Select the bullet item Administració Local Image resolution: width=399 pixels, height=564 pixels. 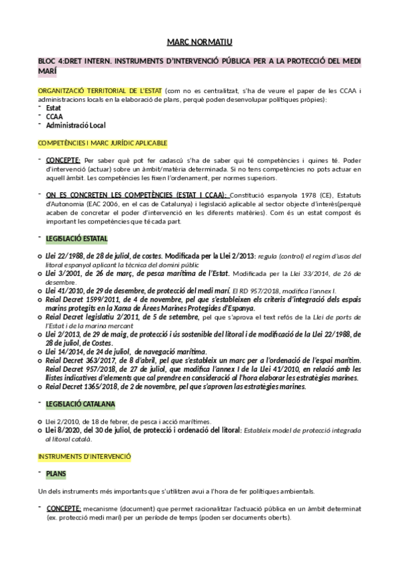pyautogui.click(x=76, y=124)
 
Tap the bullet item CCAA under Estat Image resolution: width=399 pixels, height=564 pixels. pyautogui.click(x=55, y=116)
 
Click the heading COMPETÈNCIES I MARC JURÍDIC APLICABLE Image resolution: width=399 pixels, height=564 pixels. pyautogui.click(x=103, y=142)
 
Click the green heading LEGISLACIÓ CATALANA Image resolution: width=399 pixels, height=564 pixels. pyautogui.click(x=80, y=403)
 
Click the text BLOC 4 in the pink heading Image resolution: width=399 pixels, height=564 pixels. pyautogui.click(x=51, y=61)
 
